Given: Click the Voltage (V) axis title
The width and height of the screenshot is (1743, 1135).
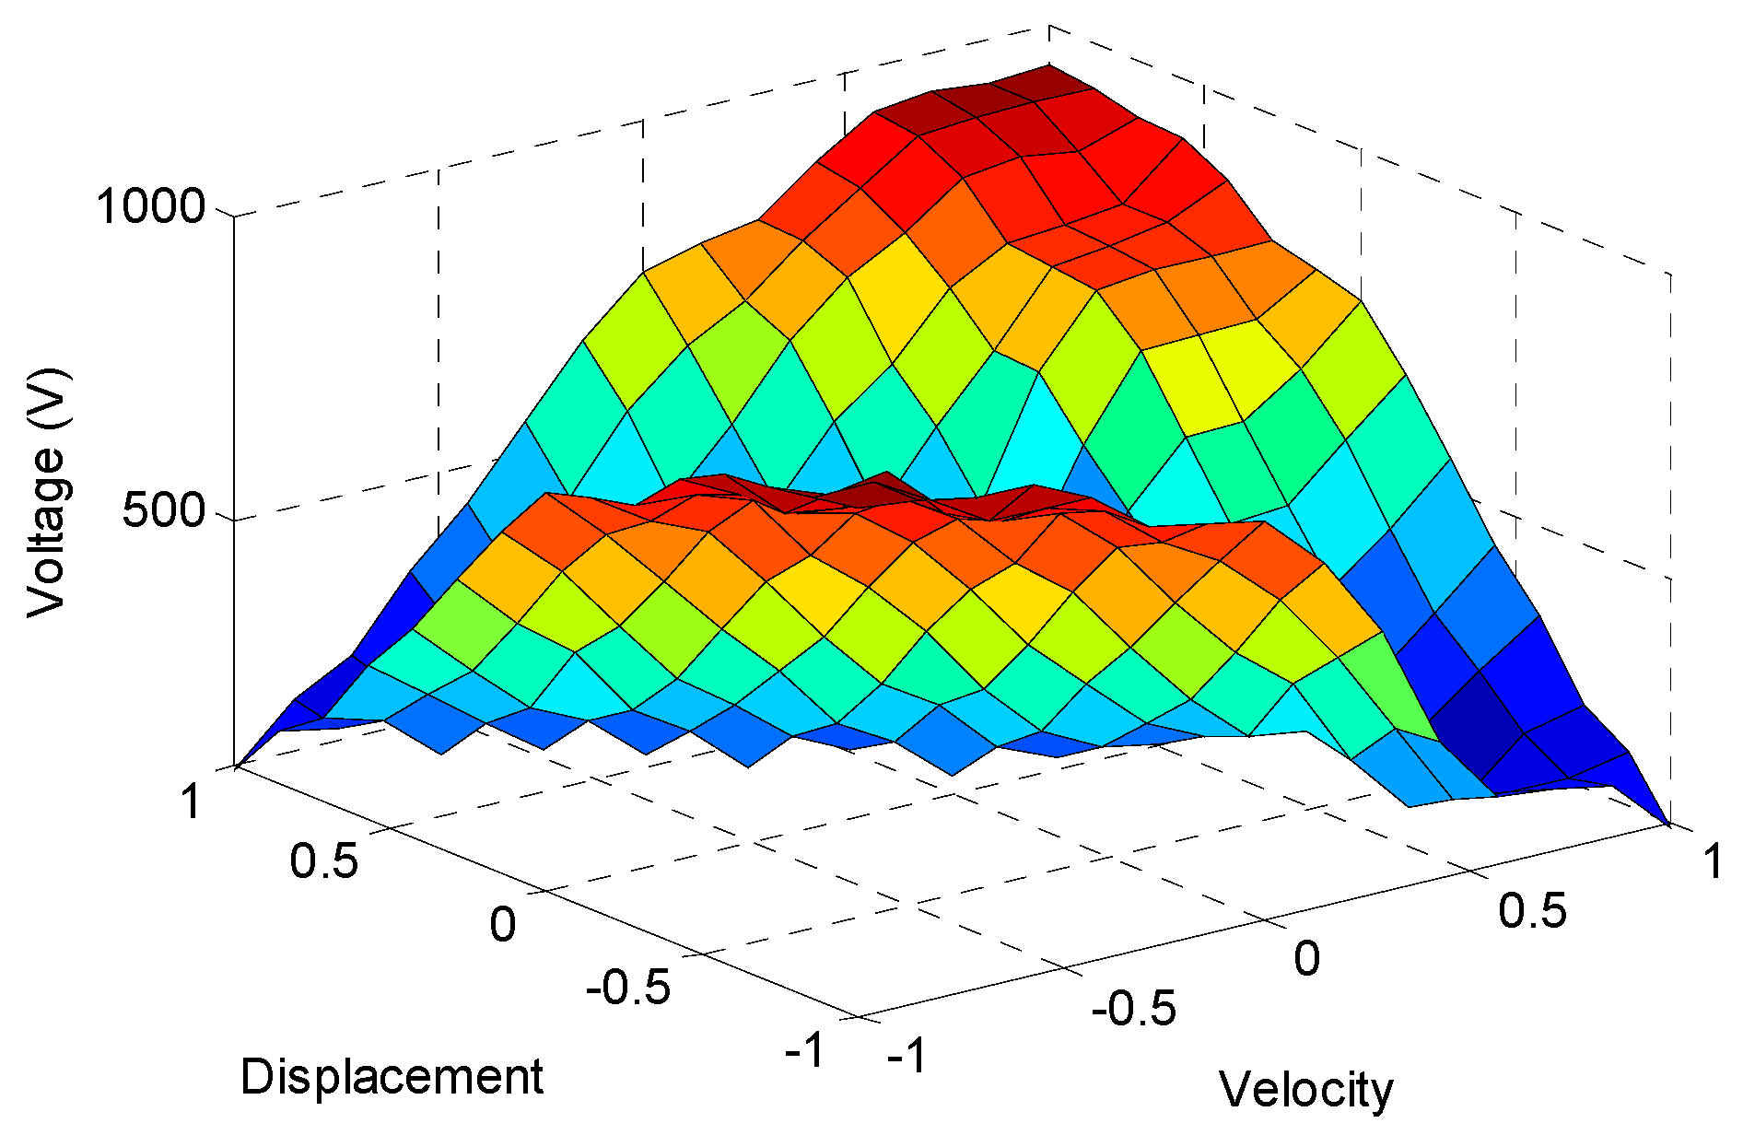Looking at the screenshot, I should tap(46, 493).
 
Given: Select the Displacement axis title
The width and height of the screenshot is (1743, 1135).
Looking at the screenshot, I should tap(392, 1076).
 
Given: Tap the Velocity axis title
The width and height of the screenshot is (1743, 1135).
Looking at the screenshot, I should tap(1305, 1090).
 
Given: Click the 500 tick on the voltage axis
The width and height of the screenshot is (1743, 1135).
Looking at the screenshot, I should tap(163, 510).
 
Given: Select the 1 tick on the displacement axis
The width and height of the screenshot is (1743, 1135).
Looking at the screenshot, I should tap(190, 801).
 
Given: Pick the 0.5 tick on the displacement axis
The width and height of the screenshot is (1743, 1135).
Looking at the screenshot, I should tap(323, 860).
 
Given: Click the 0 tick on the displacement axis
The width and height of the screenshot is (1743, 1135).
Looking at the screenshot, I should tap(502, 924).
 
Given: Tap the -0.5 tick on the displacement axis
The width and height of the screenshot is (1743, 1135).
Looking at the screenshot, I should tap(628, 988).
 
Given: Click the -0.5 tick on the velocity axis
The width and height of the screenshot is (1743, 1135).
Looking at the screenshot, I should tap(1133, 1009).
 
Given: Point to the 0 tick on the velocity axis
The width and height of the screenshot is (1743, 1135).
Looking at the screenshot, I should tap(1306, 958).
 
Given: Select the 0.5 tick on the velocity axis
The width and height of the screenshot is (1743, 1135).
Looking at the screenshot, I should tap(1532, 910).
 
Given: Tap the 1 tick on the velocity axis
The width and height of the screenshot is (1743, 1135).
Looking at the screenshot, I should tap(1712, 862).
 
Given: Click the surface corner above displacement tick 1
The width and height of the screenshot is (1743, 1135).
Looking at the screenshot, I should tap(238, 765).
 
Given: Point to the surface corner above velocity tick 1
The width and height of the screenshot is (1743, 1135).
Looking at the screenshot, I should tap(1667, 823).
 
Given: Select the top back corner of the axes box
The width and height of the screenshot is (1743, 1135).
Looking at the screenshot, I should tap(1048, 27).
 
